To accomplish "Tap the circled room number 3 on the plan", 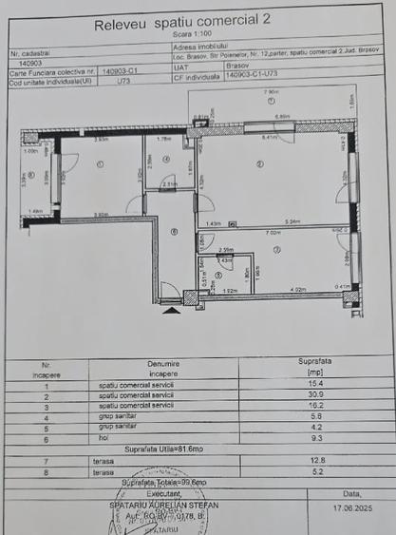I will (276, 249).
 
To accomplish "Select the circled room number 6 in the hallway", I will (174, 231).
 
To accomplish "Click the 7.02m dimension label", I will (273, 232).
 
